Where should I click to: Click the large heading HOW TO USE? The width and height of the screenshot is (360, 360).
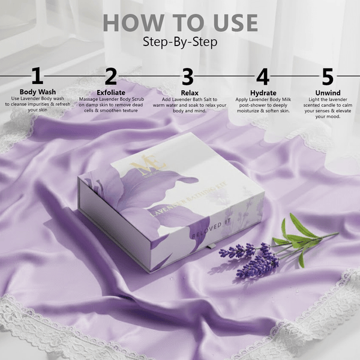(x=180, y=23)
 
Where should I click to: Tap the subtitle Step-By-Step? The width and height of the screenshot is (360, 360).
(x=180, y=42)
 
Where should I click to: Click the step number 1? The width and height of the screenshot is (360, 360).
(x=37, y=77)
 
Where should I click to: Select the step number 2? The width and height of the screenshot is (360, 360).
(x=111, y=77)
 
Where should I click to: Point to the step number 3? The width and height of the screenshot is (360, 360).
(x=188, y=77)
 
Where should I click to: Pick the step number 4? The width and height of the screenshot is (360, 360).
(x=263, y=77)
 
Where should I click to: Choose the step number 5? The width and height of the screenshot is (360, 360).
(x=327, y=77)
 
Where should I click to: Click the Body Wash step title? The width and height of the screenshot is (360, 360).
(x=37, y=92)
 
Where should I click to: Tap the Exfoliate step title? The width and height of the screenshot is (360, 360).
(x=111, y=92)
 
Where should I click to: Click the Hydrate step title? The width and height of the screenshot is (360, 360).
(x=263, y=92)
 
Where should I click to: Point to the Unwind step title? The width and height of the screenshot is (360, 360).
(x=327, y=92)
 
